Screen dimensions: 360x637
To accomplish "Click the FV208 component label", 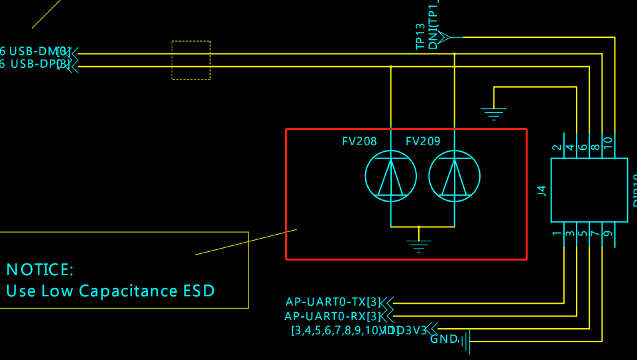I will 359,141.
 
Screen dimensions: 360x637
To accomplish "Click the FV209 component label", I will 423,141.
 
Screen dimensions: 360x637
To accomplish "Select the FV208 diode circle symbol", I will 391,176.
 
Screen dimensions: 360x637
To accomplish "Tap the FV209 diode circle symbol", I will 455,176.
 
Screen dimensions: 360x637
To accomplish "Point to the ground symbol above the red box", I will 493,113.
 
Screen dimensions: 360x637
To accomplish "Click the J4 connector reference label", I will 542,191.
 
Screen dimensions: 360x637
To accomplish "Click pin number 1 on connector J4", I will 557,233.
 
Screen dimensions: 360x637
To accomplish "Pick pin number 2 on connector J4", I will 557,147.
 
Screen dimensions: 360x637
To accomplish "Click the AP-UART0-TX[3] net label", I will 333,302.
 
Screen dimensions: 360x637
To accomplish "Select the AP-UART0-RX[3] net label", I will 333,316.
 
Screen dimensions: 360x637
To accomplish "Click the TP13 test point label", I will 420,36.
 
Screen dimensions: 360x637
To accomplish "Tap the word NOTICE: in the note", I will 40,270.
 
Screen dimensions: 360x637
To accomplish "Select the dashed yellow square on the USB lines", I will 191,60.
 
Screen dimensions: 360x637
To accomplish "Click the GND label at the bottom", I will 443,339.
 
